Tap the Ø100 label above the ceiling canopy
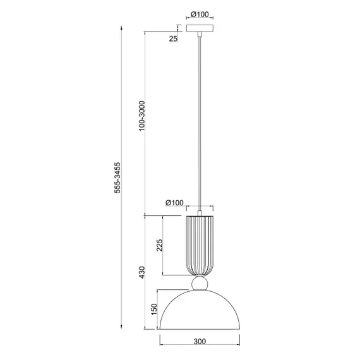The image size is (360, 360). [x=200, y=14]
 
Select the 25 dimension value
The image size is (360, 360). [x=173, y=39]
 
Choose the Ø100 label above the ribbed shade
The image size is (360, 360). [x=174, y=203]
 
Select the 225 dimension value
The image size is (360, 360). [x=160, y=245]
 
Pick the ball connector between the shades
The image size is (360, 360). [x=200, y=283]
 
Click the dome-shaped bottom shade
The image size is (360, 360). [x=200, y=313]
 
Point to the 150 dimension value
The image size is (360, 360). [x=153, y=309]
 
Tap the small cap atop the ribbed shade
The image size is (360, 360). [x=200, y=213]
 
